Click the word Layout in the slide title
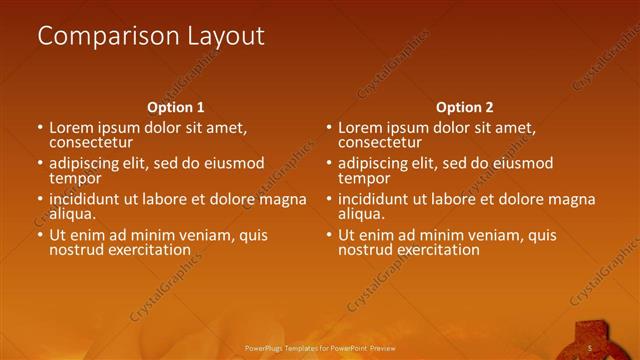tap(227, 37)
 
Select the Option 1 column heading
tap(176, 107)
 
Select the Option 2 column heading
tap(465, 107)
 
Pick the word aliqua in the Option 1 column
tap(71, 214)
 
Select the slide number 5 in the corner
tap(590, 348)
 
